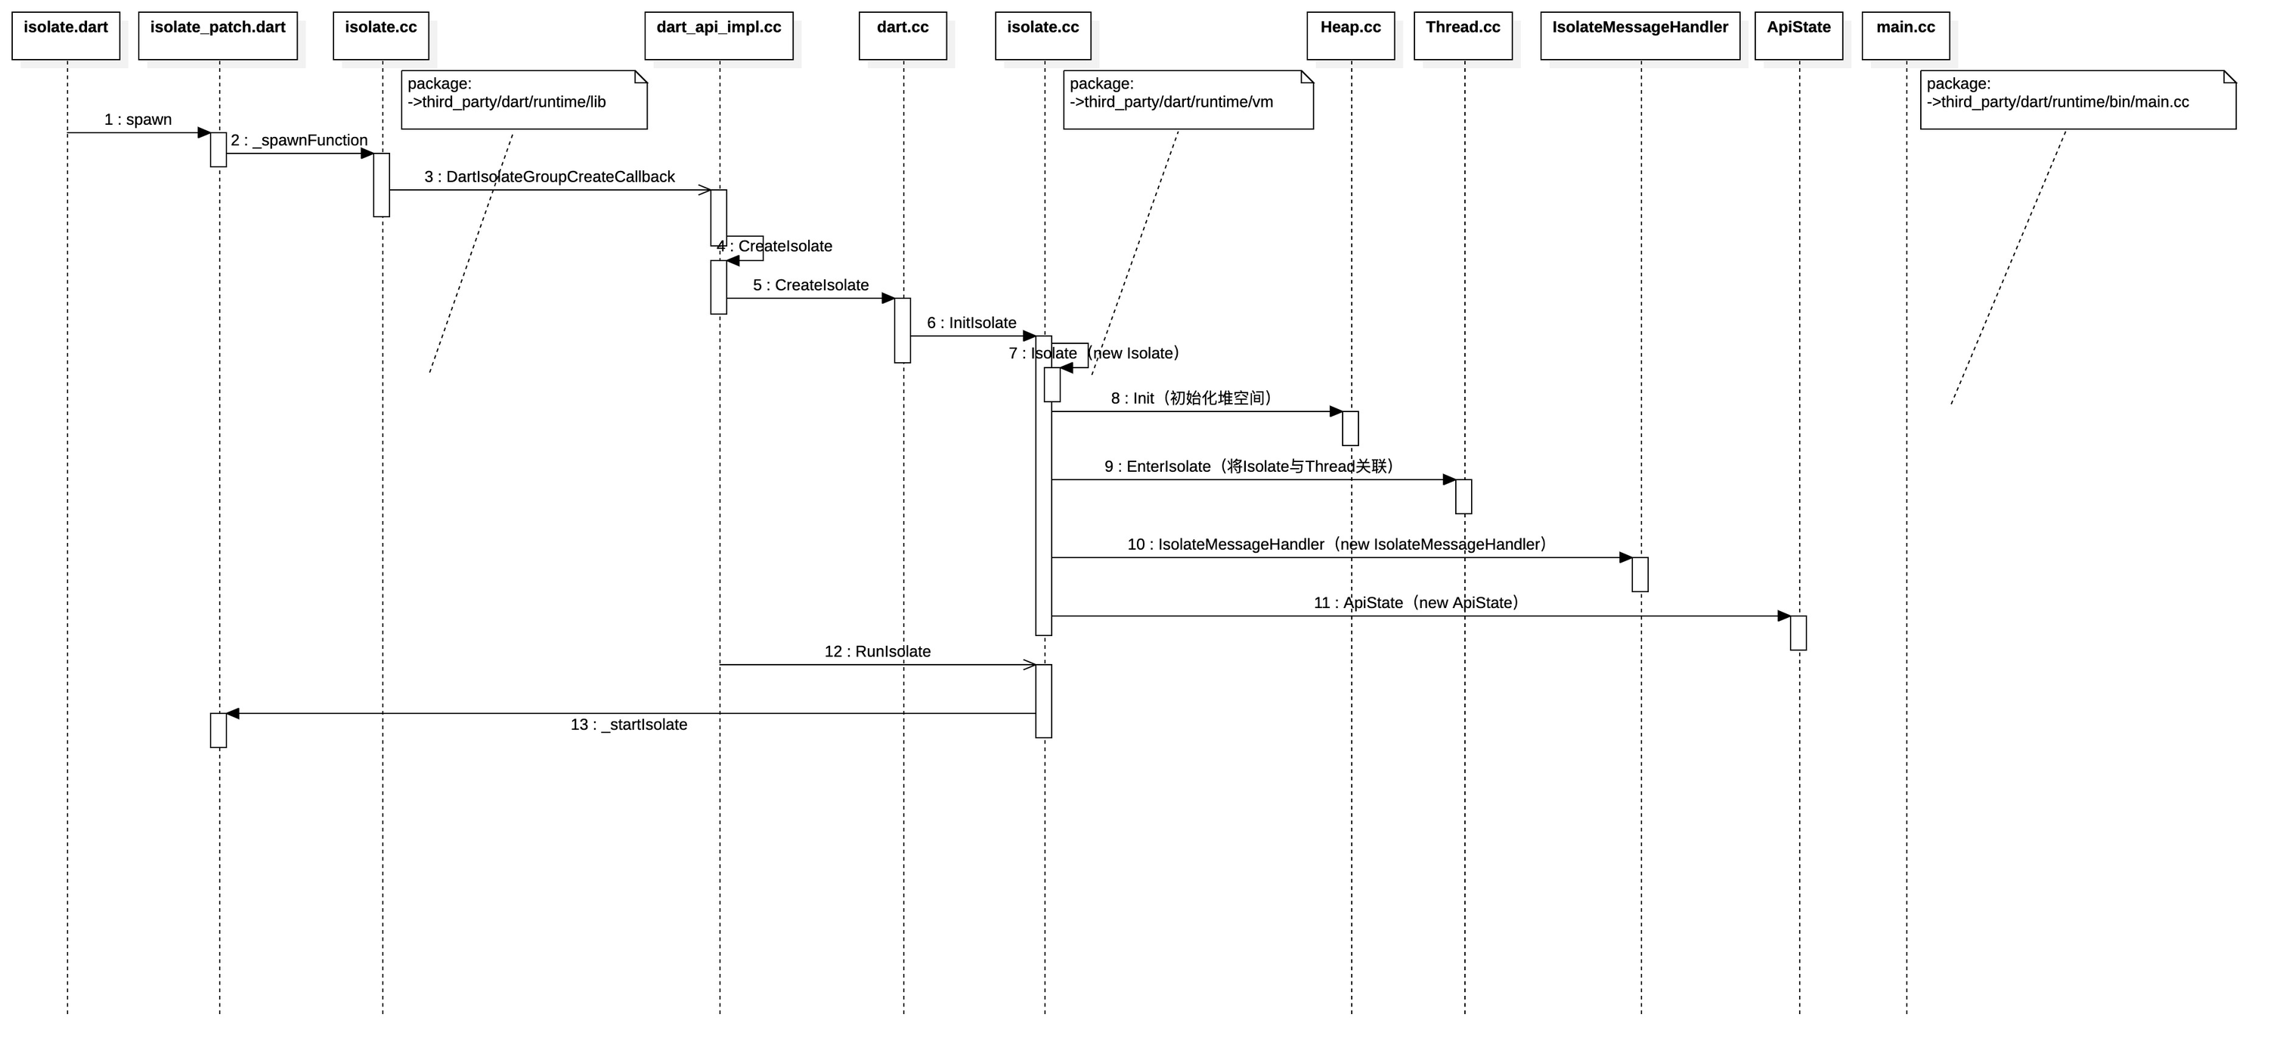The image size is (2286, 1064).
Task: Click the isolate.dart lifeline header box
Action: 66,36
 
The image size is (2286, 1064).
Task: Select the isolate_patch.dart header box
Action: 218,36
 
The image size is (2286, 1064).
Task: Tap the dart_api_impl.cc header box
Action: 719,36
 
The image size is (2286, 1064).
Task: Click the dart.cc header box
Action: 903,36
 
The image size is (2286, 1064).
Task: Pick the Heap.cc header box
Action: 1351,36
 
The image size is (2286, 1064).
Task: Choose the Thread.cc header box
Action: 1464,36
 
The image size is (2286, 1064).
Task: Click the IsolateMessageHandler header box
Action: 1640,36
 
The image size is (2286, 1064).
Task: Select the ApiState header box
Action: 1799,36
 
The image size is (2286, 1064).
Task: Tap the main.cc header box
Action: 1905,36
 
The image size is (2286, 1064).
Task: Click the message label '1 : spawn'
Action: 138,119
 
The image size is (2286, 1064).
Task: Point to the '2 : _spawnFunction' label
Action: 299,140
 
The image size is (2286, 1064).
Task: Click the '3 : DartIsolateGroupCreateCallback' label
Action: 550,177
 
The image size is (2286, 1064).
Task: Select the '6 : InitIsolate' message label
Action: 971,323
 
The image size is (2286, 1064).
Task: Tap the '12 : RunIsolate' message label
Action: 878,651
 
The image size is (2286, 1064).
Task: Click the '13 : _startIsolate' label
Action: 628,725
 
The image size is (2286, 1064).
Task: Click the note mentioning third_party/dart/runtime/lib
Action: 524,99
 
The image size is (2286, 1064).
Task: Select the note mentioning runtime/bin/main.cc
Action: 2077,99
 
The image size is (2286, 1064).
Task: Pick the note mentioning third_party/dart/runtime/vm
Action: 1188,99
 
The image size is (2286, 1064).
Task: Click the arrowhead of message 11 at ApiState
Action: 1785,616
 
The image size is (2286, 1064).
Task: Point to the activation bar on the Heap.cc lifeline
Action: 1351,429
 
